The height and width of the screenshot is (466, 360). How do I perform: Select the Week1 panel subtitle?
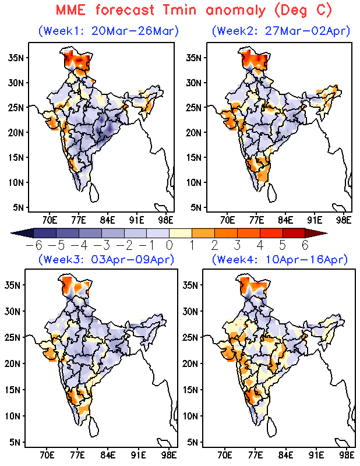(108, 30)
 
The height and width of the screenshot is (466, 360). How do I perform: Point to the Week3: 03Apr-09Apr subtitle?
(107, 260)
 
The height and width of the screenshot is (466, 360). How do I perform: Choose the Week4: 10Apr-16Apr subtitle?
(280, 260)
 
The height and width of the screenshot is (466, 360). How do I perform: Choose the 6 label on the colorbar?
(305, 244)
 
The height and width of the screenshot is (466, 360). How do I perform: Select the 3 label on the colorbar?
(237, 244)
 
